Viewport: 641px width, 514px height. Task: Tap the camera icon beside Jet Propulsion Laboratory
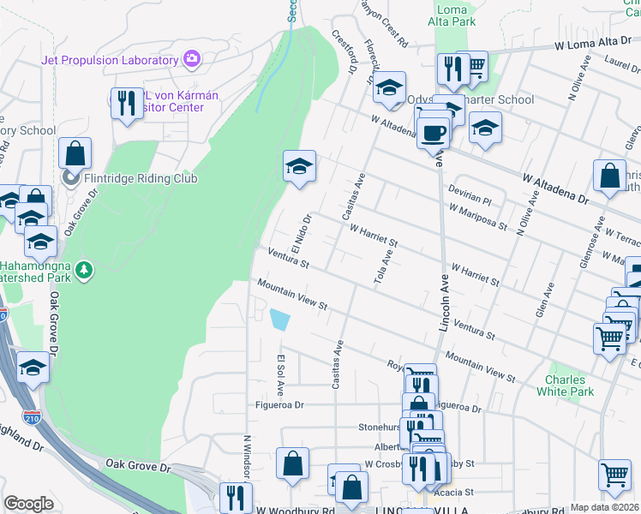(x=192, y=59)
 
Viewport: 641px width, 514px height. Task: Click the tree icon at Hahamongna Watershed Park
(x=84, y=272)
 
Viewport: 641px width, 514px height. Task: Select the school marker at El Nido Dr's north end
(x=300, y=165)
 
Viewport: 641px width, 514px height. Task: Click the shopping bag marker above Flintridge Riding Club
(x=75, y=154)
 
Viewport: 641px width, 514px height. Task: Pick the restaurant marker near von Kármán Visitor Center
(x=127, y=105)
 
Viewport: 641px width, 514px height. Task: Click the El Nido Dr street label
(x=299, y=233)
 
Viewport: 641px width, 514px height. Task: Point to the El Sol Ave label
(x=280, y=369)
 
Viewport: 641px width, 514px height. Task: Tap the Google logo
(x=28, y=504)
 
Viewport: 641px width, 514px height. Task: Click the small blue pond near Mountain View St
(x=279, y=320)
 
